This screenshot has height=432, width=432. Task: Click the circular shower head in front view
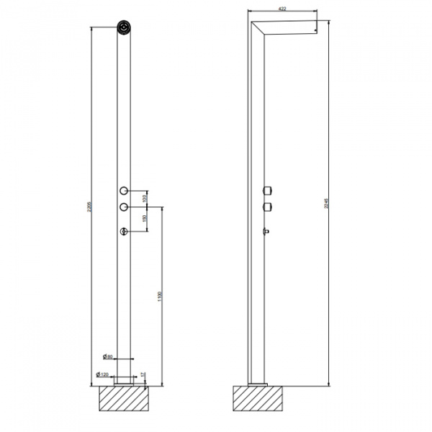click(x=125, y=29)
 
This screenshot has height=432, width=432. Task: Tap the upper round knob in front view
click(x=125, y=190)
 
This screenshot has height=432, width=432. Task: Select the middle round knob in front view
click(x=125, y=207)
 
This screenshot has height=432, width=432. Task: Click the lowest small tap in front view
click(x=125, y=231)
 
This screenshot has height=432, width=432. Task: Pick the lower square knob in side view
click(x=269, y=207)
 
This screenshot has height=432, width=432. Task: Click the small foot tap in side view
click(x=267, y=231)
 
